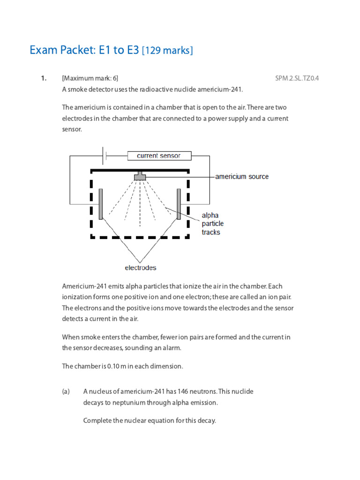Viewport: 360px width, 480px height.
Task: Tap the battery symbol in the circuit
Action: [x=105, y=156]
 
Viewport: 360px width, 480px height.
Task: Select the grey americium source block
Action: [x=140, y=177]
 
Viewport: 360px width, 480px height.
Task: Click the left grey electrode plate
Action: [x=101, y=204]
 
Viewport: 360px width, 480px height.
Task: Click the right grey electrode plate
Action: [x=179, y=204]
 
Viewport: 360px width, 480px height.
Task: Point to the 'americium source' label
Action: [x=242, y=177]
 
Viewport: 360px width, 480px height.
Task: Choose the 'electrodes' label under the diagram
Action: [x=140, y=268]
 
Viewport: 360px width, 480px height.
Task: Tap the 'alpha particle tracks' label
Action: [x=212, y=224]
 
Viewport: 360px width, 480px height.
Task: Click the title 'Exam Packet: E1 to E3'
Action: [x=84, y=50]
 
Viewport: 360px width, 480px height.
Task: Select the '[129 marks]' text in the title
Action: [x=167, y=51]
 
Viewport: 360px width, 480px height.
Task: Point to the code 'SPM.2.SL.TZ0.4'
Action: [x=297, y=78]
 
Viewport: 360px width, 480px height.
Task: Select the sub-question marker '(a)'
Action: [x=66, y=391]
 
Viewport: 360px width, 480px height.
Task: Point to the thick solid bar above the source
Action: [x=140, y=170]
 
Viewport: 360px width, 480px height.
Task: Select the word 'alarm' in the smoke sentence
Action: [x=170, y=348]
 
